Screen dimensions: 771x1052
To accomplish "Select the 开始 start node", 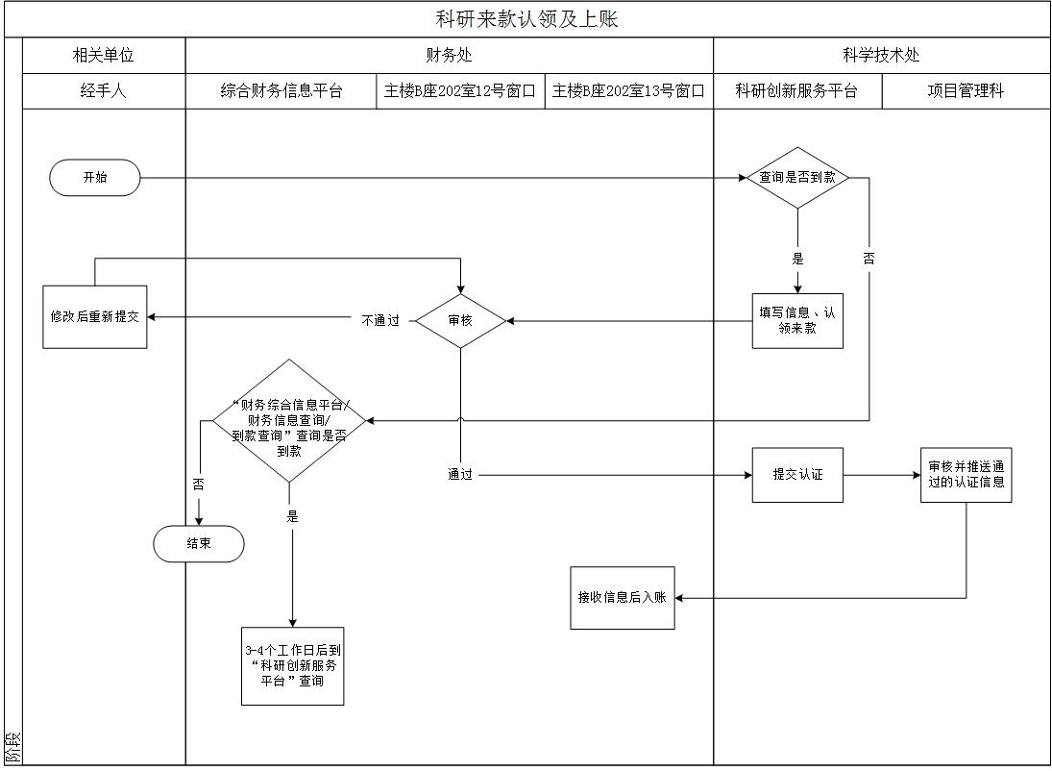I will click(x=95, y=178).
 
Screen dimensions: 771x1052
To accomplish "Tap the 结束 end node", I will click(x=199, y=544).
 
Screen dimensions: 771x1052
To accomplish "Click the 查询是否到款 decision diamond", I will click(x=797, y=178).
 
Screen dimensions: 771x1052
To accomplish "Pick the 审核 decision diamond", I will click(x=460, y=320).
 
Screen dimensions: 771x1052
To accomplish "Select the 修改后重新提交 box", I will click(x=95, y=316).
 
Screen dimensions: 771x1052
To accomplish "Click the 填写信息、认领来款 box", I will click(x=797, y=320).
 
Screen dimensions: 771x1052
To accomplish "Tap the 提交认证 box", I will click(x=797, y=475).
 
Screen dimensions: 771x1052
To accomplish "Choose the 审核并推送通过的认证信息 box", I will click(x=966, y=475).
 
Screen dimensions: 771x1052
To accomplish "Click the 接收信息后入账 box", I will click(x=623, y=598).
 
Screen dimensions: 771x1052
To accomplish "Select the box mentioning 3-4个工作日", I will click(x=293, y=665).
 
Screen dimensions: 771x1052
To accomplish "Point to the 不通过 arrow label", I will click(x=380, y=321).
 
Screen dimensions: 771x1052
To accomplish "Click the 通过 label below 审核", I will click(x=460, y=475).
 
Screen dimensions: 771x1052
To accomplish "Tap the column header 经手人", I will click(x=104, y=91).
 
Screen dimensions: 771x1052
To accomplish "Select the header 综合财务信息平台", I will click(x=281, y=91).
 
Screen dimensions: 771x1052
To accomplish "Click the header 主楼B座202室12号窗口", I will click(x=460, y=91).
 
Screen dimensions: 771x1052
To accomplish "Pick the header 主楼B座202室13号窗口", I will click(x=628, y=91).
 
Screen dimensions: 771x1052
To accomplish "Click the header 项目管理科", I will click(x=966, y=91).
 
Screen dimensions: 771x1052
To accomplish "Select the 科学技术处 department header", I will click(x=881, y=56).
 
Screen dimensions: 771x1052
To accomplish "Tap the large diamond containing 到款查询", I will click(x=290, y=421).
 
